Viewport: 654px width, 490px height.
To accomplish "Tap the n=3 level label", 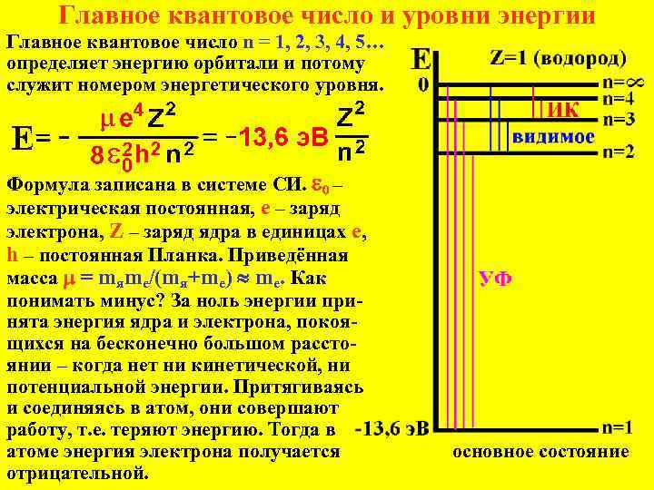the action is [619, 119].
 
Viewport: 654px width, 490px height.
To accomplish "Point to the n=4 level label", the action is [619, 98].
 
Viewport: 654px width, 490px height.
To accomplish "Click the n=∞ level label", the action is [623, 82].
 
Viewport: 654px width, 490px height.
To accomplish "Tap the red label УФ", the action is [495, 279].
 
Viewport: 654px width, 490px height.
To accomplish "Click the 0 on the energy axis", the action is [423, 86].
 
